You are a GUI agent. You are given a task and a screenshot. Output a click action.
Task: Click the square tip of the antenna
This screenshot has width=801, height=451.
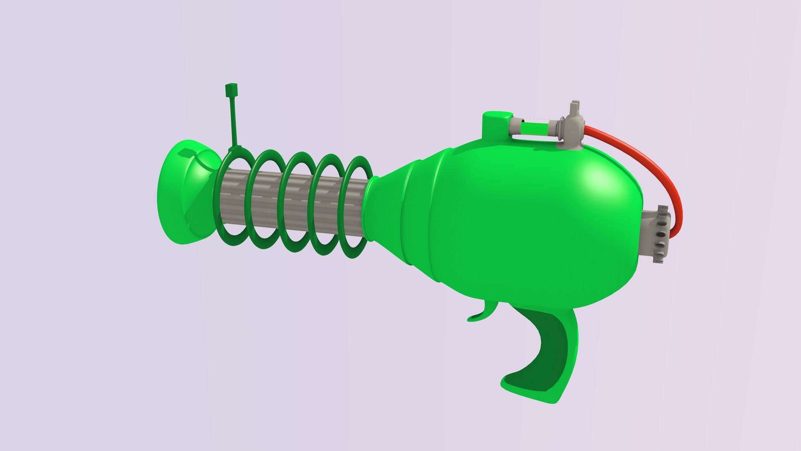231,90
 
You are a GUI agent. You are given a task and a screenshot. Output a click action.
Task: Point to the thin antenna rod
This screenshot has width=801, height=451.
233,121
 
